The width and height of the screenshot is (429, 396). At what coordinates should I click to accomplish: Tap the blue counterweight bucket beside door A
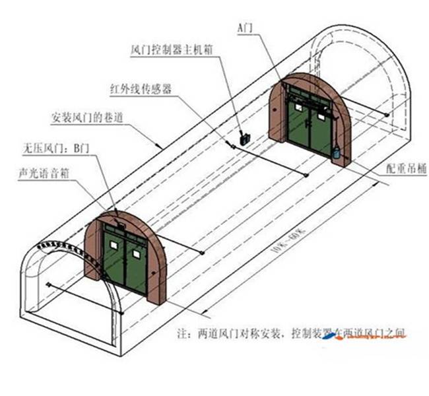point(337,152)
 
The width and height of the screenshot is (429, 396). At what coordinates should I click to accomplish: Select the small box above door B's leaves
point(120,224)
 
